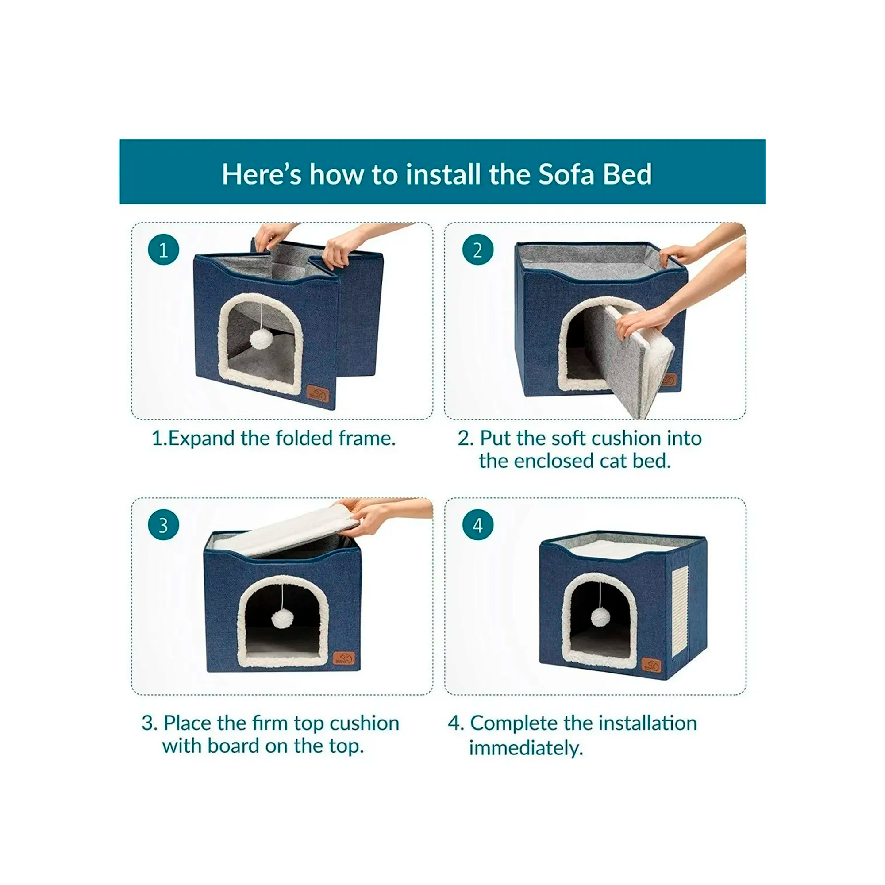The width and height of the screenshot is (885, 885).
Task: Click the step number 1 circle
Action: [163, 250]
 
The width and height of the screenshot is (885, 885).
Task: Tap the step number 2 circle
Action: [478, 250]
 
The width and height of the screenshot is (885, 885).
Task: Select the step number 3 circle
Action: [163, 525]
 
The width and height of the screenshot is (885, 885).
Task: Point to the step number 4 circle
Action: [478, 525]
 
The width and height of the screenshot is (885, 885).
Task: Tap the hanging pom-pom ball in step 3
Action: [282, 619]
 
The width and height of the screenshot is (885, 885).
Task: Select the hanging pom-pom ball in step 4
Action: [600, 616]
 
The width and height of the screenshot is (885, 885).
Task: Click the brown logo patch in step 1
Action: [318, 393]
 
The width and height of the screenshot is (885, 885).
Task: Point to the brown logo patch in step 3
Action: [344, 660]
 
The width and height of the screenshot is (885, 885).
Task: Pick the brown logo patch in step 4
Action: [650, 665]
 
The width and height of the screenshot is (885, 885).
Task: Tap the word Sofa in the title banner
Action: [566, 174]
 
